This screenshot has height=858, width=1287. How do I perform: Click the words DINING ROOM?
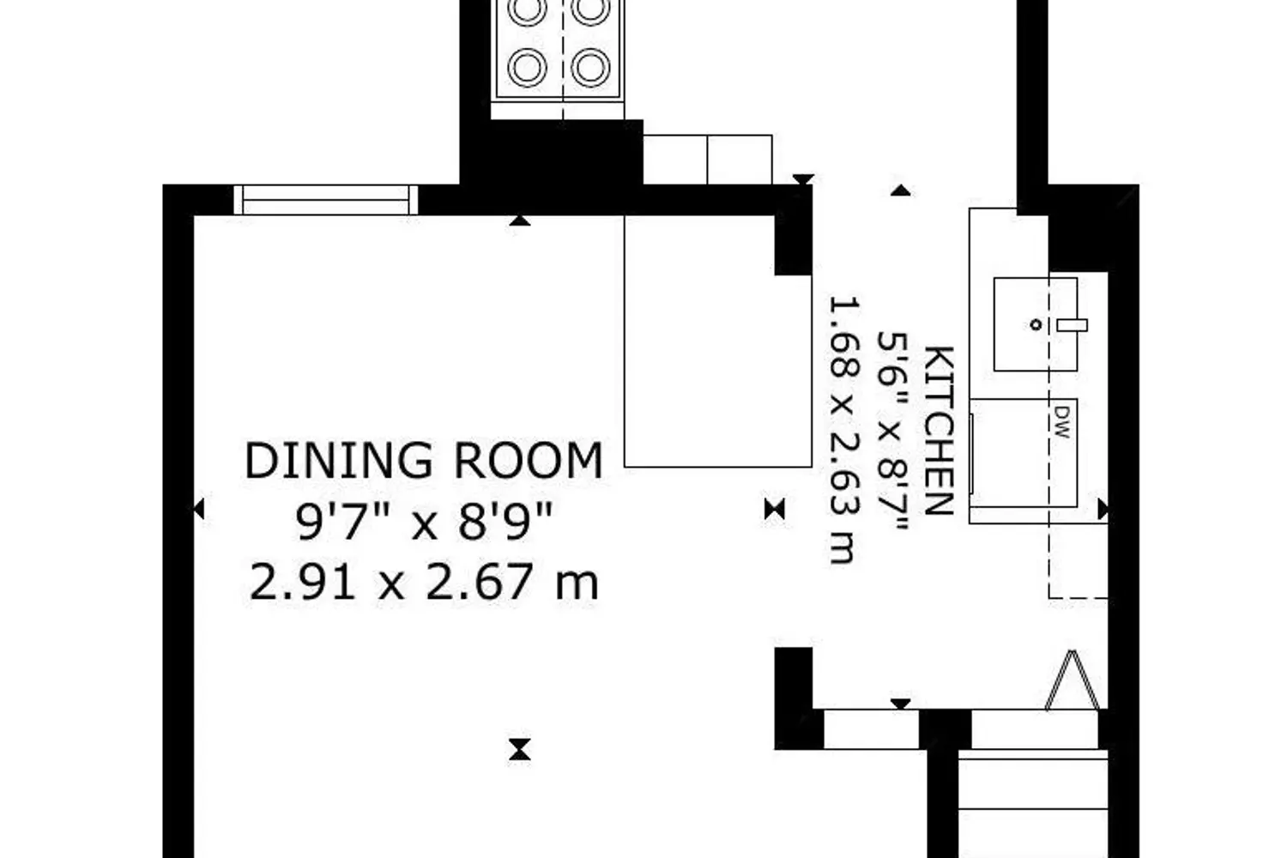pos(424,461)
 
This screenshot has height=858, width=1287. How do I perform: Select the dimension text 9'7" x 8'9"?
pos(424,522)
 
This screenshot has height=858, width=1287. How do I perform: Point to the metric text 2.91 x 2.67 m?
pos(424,582)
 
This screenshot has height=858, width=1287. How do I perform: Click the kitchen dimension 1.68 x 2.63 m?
pos(844,430)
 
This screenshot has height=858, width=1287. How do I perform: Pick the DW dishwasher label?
pos(1062,422)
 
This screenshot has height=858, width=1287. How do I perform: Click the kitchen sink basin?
pos(1036,324)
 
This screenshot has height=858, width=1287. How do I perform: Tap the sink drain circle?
pos(1036,325)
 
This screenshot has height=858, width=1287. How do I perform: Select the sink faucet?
pos(1072,325)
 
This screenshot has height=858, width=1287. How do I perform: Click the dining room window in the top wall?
pos(326,200)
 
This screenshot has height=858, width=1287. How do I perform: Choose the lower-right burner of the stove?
pos(590,67)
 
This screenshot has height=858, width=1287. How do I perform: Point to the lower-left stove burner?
pos(527,67)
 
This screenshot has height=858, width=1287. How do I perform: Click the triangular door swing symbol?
pos(1072,680)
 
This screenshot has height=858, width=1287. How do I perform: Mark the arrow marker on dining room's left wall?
pos(199,509)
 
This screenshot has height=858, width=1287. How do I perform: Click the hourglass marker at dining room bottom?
pos(520,749)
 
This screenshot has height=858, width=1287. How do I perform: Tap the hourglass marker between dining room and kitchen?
pos(775,509)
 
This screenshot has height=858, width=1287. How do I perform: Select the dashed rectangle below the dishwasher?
pos(1079,560)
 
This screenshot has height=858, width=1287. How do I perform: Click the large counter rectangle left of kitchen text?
pos(718,341)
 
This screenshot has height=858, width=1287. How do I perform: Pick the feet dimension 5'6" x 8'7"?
pos(891,431)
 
